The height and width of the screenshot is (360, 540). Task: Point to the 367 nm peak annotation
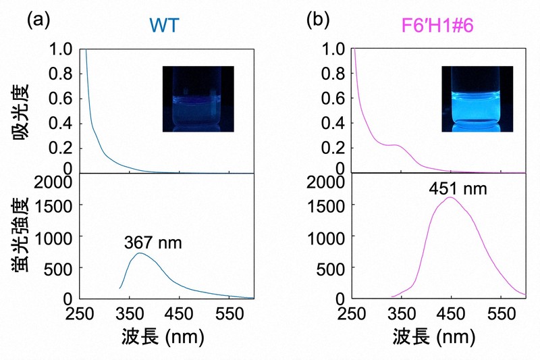tap(153, 242)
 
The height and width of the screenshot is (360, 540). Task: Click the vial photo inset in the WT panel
tap(198, 99)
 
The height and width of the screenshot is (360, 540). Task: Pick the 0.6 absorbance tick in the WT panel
tap(64, 98)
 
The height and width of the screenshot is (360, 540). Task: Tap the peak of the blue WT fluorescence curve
tap(139, 253)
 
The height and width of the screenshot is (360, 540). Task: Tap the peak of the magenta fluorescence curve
tap(450, 197)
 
